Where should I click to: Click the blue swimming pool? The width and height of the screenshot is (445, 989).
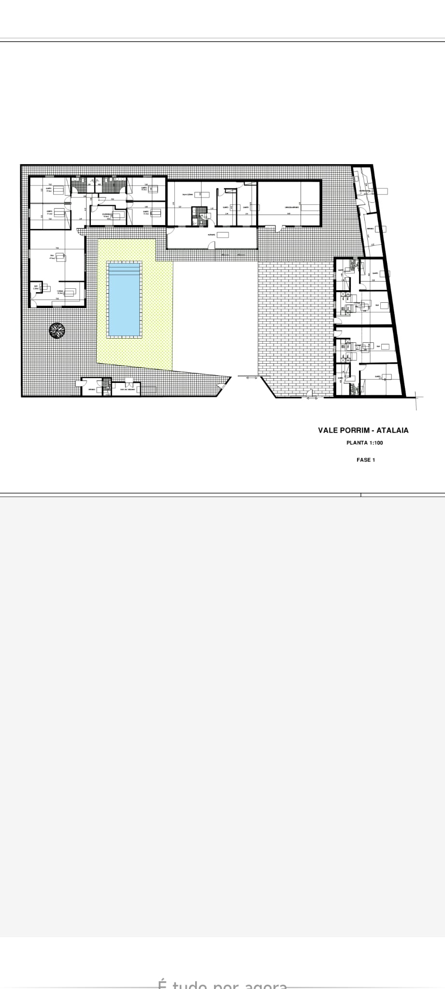[x=124, y=298]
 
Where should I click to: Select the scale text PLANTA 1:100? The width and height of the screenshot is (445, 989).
[x=365, y=443]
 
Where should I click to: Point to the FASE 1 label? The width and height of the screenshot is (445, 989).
[x=366, y=460]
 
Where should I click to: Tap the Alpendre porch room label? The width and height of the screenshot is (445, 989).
[x=211, y=234]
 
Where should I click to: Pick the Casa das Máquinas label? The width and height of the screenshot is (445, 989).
[x=127, y=390]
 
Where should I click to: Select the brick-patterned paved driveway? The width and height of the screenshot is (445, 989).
[x=296, y=319]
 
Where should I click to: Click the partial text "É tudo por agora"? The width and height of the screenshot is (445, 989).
[x=222, y=984]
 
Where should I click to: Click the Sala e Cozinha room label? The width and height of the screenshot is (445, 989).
[x=187, y=195]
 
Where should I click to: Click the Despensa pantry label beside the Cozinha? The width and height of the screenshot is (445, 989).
[x=36, y=288]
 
